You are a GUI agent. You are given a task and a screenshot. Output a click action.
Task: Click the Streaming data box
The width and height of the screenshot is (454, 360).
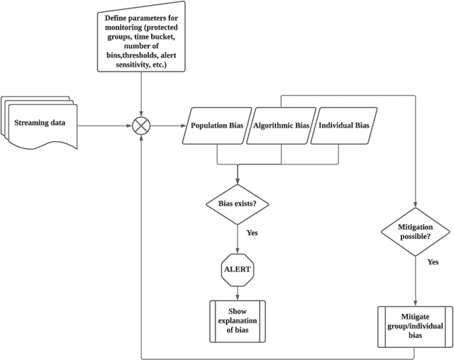pyautogui.click(x=40, y=123)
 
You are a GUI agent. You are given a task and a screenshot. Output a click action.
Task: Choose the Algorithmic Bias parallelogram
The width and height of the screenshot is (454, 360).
pyautogui.click(x=282, y=126)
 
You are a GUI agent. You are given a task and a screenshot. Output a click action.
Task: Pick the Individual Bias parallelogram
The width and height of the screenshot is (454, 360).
pyautogui.click(x=344, y=126)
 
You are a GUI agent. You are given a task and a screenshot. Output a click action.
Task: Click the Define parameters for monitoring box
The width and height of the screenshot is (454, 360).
pyautogui.click(x=143, y=41)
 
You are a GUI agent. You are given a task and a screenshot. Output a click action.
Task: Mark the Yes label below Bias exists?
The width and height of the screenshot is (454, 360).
pyautogui.click(x=252, y=232)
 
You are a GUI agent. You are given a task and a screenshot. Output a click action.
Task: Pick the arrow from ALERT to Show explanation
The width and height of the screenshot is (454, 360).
pyautogui.click(x=237, y=292)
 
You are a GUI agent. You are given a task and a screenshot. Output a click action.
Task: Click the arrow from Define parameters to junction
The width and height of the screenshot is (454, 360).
pyautogui.click(x=143, y=92)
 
